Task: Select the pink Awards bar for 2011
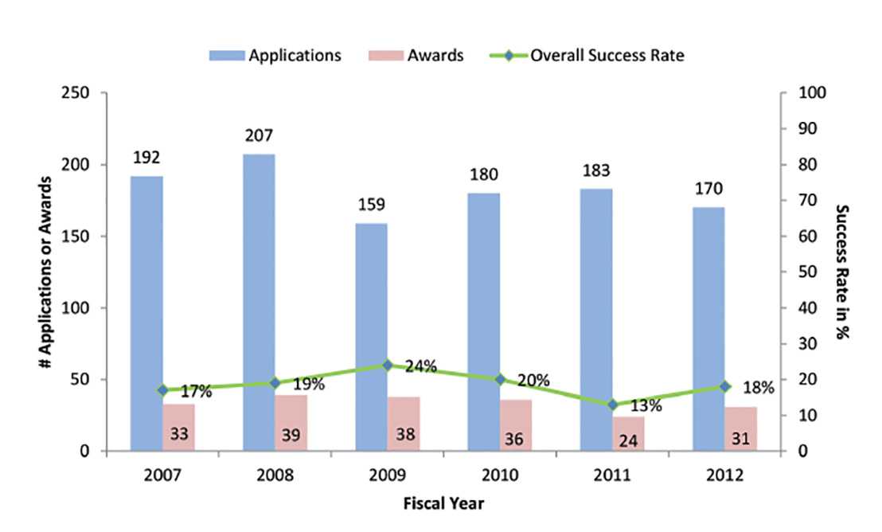pyautogui.click(x=628, y=434)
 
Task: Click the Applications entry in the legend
pyautogui.click(x=275, y=56)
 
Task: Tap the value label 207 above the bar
pyautogui.click(x=260, y=137)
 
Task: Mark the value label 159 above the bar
pyautogui.click(x=371, y=206)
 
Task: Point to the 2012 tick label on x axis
pyautogui.click(x=725, y=475)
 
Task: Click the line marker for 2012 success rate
pyautogui.click(x=724, y=386)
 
